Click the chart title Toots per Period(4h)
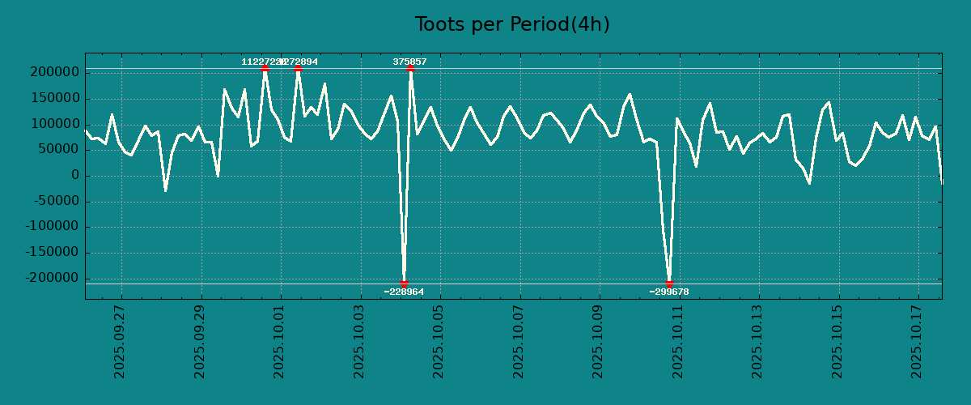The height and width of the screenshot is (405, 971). (x=512, y=24)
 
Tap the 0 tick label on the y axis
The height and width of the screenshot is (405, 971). (x=75, y=176)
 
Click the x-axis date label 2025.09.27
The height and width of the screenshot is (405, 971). (x=121, y=341)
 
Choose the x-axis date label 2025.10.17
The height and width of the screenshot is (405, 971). (x=918, y=341)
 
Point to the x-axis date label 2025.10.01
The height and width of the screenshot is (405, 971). (x=280, y=341)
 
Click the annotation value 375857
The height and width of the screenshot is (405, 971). (x=409, y=62)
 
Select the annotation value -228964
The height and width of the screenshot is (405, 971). (x=404, y=292)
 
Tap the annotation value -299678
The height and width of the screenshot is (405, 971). (x=669, y=292)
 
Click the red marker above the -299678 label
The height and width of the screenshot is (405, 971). (x=669, y=283)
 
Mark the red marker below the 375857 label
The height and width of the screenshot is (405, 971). (x=410, y=69)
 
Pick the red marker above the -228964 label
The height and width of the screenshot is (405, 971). (x=404, y=283)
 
